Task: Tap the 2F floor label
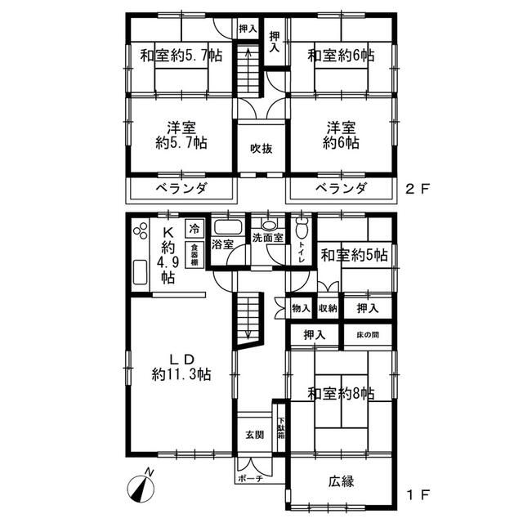pyautogui.click(x=418, y=188)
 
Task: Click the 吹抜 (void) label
pyautogui.click(x=261, y=149)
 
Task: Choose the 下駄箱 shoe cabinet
pyautogui.click(x=280, y=428)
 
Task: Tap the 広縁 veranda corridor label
pyautogui.click(x=341, y=481)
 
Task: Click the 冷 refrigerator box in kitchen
pyautogui.click(x=195, y=228)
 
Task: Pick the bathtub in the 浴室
pyautogui.click(x=224, y=228)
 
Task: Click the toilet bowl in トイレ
pyautogui.click(x=302, y=228)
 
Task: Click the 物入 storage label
pyautogui.click(x=301, y=308)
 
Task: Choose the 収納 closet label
pyautogui.click(x=327, y=308)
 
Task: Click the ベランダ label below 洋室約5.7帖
pyautogui.click(x=181, y=189)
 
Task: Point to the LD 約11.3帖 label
pyautogui.click(x=181, y=367)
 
